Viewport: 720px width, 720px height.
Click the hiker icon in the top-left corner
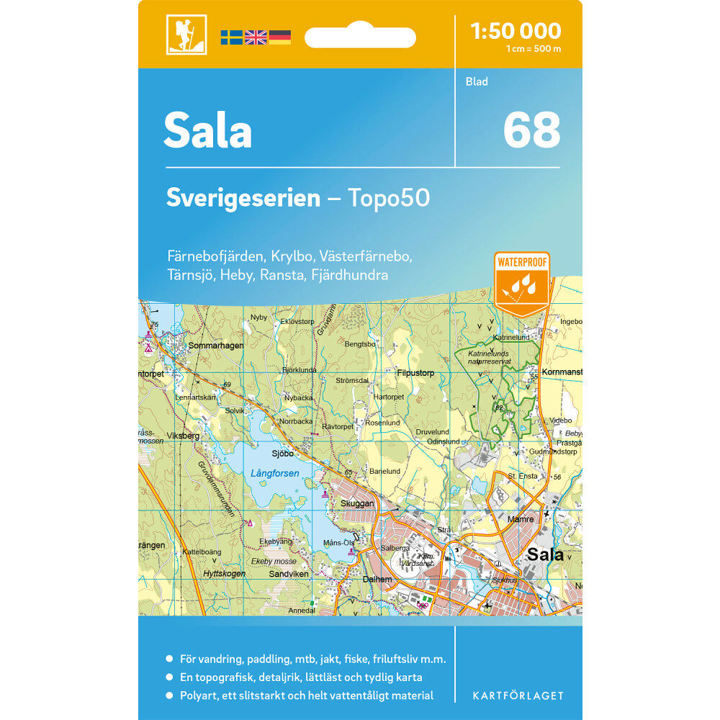pyautogui.click(x=186, y=35)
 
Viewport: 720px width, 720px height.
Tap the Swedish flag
pyautogui.click(x=232, y=37)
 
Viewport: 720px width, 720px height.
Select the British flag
pyautogui.click(x=256, y=37)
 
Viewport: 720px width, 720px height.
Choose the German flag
pyautogui.click(x=279, y=37)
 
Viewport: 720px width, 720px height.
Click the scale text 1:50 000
pyautogui.click(x=515, y=31)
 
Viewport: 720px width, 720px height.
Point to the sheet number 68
pyautogui.click(x=531, y=130)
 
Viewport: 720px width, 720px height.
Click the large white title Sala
pyautogui.click(x=207, y=131)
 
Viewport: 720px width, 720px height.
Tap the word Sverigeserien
pyautogui.click(x=243, y=198)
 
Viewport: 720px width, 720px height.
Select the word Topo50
pyautogui.click(x=389, y=198)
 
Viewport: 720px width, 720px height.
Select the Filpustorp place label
pyautogui.click(x=415, y=373)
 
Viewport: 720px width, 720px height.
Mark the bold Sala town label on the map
pyautogui.click(x=545, y=554)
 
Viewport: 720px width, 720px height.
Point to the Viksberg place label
pyautogui.click(x=181, y=436)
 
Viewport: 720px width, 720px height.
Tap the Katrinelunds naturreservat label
pyautogui.click(x=490, y=357)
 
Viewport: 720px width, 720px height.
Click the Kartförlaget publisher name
pyautogui.click(x=518, y=696)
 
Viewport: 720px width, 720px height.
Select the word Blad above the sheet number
pyautogui.click(x=477, y=82)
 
